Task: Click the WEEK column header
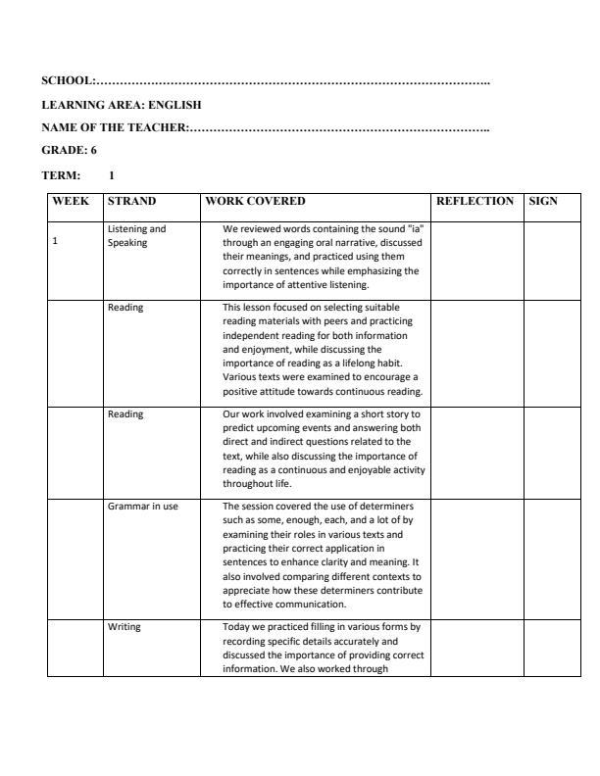71,202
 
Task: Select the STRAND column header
130,202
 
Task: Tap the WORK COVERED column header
255,202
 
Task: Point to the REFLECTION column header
475,202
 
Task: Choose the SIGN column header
542,202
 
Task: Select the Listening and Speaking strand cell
136,235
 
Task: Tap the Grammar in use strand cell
142,507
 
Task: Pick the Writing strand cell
125,626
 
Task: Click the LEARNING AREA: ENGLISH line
123,103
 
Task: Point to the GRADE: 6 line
69,150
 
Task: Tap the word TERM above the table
60,175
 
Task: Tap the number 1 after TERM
112,175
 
